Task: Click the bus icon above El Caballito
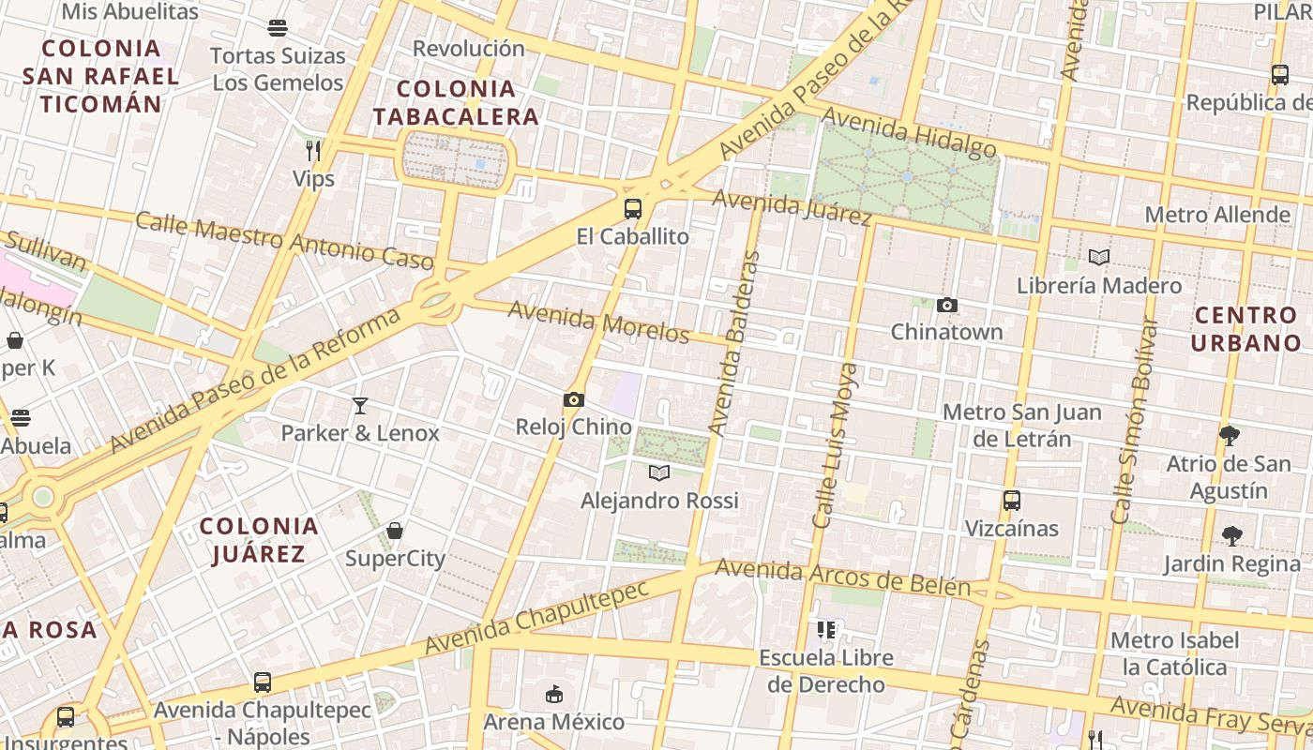[x=633, y=209]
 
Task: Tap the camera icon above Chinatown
[x=947, y=305]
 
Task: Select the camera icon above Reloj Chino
[x=574, y=400]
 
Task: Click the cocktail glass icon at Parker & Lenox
[x=360, y=406]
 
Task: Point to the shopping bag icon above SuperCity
[x=395, y=532]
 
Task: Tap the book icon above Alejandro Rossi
[x=659, y=473]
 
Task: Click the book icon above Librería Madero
[x=1099, y=258]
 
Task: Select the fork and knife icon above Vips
[x=313, y=150]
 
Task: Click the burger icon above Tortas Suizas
[x=278, y=28]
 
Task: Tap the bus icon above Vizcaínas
[x=1011, y=501]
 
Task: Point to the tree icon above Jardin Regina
[x=1231, y=536]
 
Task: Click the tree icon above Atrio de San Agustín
[x=1229, y=436]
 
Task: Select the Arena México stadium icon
[x=554, y=695]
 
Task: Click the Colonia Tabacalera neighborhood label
[x=457, y=103]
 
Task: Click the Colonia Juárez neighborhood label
[x=259, y=540]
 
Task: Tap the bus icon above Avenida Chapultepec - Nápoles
[x=263, y=682]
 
